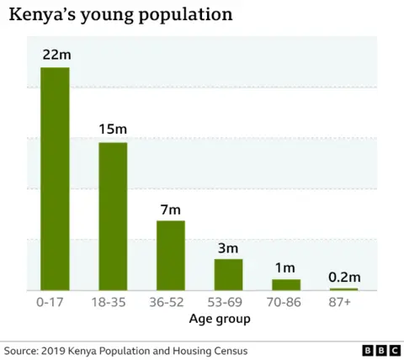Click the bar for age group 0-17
coord(55,178)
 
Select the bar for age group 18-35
coord(113,216)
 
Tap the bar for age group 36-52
coord(171,255)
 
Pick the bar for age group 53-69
coord(228,274)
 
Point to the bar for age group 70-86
coord(286,284)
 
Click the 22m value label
coord(56,55)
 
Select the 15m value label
coord(113,130)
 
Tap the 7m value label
coord(171,208)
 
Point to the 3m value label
coord(228,247)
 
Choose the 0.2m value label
coord(343,277)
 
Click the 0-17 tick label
coord(55,303)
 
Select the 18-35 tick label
coord(113,303)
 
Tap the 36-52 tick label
coord(171,303)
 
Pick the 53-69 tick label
coord(228,303)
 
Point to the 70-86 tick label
coord(286,303)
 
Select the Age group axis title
coord(220,320)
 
